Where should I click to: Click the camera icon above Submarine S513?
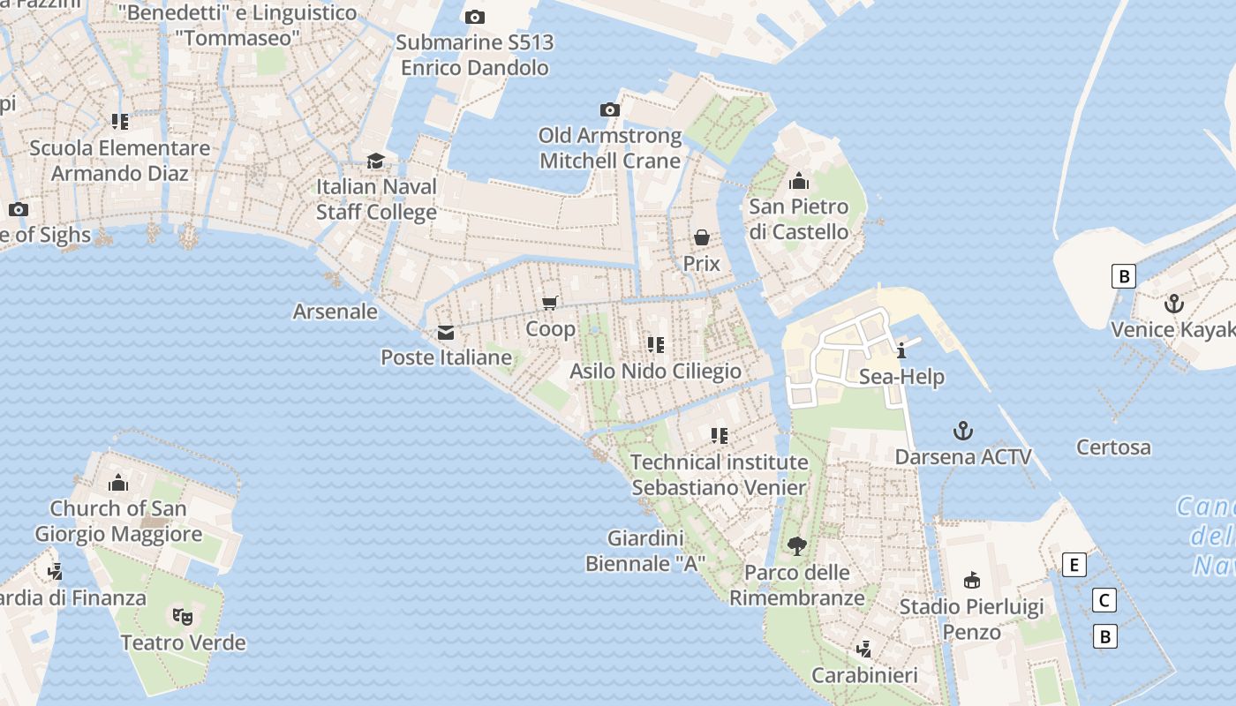(x=474, y=17)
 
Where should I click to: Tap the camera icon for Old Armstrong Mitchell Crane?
(x=609, y=110)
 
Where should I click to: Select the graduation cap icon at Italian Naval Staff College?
(x=376, y=161)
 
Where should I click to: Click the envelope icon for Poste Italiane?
(x=446, y=333)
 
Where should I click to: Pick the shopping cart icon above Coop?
(x=550, y=304)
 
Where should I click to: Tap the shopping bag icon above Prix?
(x=702, y=237)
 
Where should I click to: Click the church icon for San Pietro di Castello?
(x=799, y=182)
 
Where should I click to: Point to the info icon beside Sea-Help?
(x=901, y=350)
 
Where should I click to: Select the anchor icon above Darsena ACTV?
(x=963, y=432)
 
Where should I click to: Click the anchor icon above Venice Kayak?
(x=1173, y=304)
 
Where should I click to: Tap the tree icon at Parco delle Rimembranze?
(x=797, y=546)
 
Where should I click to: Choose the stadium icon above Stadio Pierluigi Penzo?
(x=971, y=580)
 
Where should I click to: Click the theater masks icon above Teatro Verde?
(x=183, y=616)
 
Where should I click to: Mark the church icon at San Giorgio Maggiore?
(x=118, y=483)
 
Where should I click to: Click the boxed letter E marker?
(x=1074, y=565)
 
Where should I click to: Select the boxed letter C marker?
(x=1104, y=601)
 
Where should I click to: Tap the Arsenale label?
(x=335, y=312)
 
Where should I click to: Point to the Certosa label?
(x=1113, y=447)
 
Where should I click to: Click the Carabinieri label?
(x=864, y=676)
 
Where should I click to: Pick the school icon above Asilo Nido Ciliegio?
(x=655, y=344)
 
